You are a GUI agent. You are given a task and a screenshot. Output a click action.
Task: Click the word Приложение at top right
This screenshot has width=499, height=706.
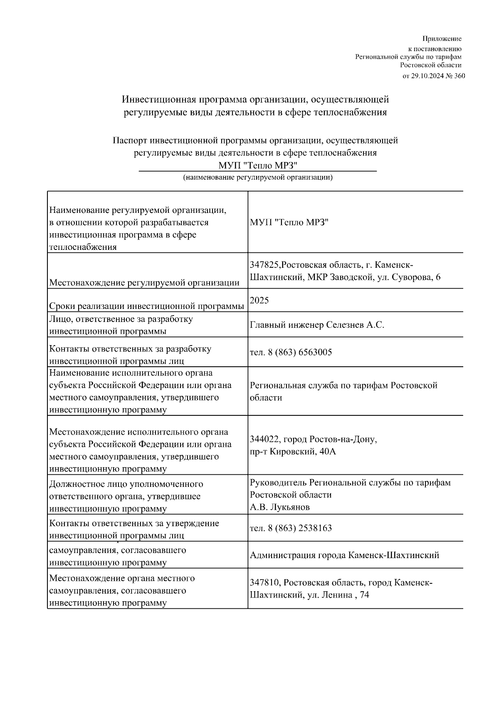click(x=442, y=39)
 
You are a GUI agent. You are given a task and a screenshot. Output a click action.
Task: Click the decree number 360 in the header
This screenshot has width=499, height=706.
click(x=459, y=76)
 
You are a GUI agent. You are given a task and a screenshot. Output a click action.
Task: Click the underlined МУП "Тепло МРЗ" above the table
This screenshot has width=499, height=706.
click(x=257, y=165)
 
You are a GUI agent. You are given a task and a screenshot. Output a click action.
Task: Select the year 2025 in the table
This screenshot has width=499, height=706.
click(x=259, y=300)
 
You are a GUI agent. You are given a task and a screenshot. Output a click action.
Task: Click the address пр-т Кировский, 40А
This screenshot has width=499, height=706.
click(x=292, y=451)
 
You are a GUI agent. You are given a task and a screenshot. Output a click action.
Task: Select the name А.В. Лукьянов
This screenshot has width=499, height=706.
click(x=279, y=507)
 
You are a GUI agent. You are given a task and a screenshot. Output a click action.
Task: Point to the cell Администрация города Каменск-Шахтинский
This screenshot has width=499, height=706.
click(x=344, y=555)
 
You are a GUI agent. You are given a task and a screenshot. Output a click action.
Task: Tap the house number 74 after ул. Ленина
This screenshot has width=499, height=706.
click(x=364, y=595)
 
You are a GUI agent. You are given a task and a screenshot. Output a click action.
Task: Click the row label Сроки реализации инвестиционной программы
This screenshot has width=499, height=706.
click(x=146, y=306)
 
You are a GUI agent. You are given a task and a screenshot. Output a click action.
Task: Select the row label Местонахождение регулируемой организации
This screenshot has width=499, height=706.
click(x=144, y=283)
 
